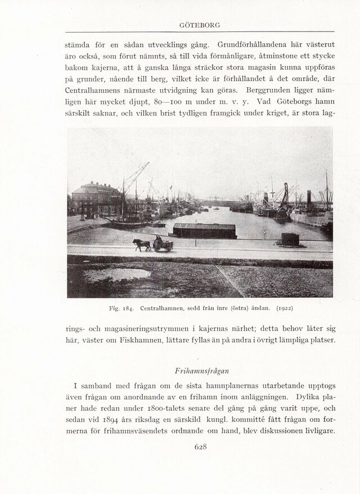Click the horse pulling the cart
click(x=142, y=244)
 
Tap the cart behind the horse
click(x=163, y=244)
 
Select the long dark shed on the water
click(x=204, y=230)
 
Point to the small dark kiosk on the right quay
click(x=290, y=239)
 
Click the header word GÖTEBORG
click(x=199, y=25)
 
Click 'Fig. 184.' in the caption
click(x=121, y=308)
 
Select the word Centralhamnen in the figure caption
click(x=162, y=308)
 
